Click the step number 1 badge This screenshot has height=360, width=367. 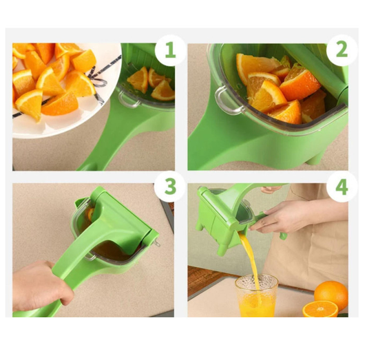pyautogui.click(x=170, y=50)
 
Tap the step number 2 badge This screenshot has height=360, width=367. pyautogui.click(x=342, y=50)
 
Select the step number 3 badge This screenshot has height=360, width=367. pyautogui.click(x=170, y=187)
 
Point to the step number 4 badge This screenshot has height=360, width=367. pyautogui.click(x=342, y=187)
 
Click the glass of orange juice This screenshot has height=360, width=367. pyautogui.click(x=256, y=296)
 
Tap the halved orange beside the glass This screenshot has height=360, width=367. pyautogui.click(x=320, y=309)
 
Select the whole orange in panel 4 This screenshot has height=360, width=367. pyautogui.click(x=331, y=295)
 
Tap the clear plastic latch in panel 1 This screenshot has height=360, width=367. pyautogui.click(x=128, y=100)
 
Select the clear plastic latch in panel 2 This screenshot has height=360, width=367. pyautogui.click(x=229, y=100)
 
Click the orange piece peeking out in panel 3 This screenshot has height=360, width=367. pyautogui.click(x=90, y=214)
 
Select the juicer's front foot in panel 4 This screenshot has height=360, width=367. pyautogui.click(x=222, y=249)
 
